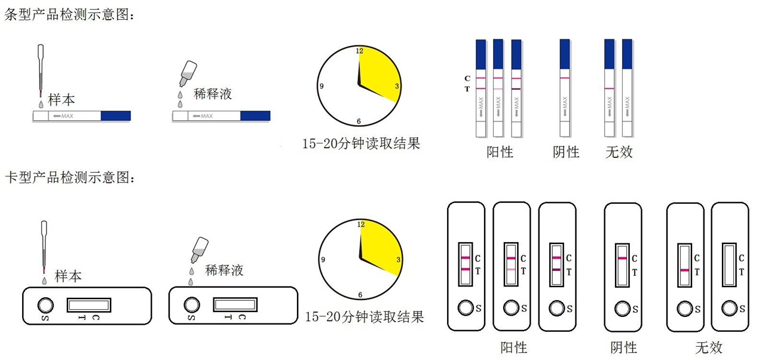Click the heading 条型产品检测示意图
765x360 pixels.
point(69,16)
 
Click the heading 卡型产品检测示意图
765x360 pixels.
point(69,178)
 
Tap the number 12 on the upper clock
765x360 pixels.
point(360,51)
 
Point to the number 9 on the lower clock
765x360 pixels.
point(323,260)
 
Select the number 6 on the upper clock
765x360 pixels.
point(359,121)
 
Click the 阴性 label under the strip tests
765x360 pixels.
point(565,152)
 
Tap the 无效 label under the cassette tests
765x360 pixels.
point(708,347)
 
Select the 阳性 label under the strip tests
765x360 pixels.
point(500,152)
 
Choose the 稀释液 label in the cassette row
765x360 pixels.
point(224,270)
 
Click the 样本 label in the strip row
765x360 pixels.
point(62,99)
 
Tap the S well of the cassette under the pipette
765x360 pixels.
point(45,305)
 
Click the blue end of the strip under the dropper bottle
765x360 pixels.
point(255,116)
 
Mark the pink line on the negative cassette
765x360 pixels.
point(622,258)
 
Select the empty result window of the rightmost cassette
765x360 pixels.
point(729,264)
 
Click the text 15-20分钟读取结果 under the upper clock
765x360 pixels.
point(361,144)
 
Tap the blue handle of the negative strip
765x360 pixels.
point(565,54)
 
